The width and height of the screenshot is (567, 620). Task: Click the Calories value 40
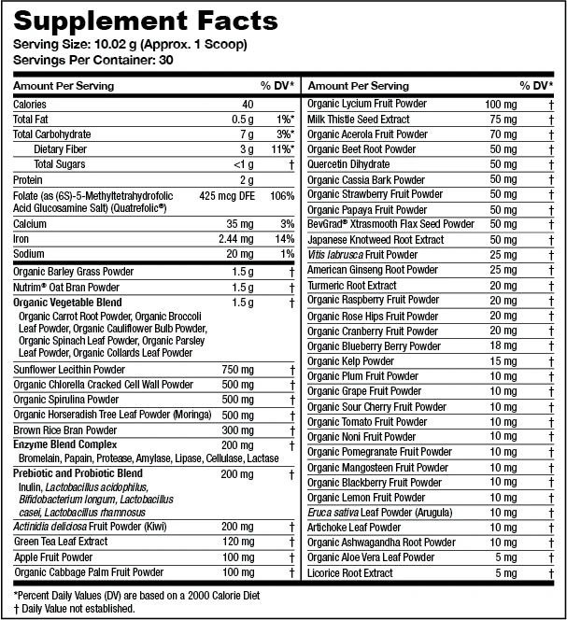coord(247,105)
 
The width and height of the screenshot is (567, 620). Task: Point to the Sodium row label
coord(30,255)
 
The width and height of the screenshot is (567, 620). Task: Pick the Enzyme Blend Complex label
coord(65,445)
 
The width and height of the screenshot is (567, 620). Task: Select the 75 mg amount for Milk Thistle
coord(503,120)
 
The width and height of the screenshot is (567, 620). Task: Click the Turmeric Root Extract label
coord(351,286)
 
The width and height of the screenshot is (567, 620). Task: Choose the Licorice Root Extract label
coord(349,572)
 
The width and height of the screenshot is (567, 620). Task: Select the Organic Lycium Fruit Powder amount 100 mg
coord(501,105)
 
